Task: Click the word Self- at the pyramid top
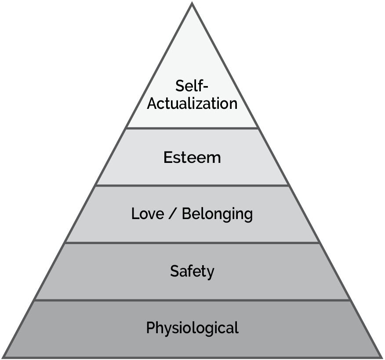point(192,85)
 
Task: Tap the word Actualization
point(192,104)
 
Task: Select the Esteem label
point(192,157)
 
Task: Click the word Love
point(148,214)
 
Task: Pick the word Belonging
point(217,214)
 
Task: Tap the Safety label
point(192,271)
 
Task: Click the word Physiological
point(192,328)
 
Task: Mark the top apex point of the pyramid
point(192,4)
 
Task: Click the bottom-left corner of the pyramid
point(4,356)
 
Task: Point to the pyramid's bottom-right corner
point(380,356)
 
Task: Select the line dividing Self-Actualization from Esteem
point(192,128)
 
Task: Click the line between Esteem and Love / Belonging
point(192,185)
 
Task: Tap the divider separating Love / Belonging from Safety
point(192,242)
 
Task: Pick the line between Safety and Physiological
point(192,300)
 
